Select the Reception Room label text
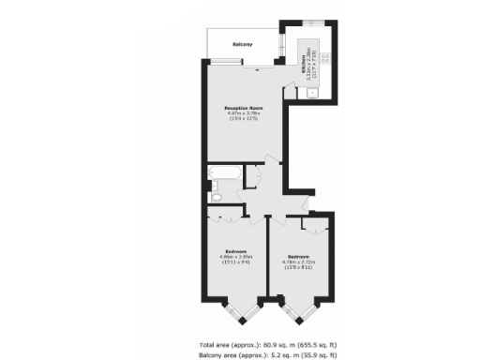click(243, 110)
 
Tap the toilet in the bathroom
click(216, 197)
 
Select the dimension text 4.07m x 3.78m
click(243, 115)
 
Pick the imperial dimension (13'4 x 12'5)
click(243, 121)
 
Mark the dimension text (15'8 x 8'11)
click(299, 267)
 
